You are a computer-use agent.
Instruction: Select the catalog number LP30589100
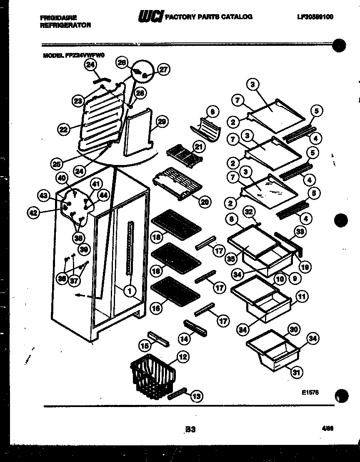pos(315,17)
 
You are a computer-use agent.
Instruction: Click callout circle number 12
pos(182,357)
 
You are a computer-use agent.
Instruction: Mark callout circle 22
pos(64,129)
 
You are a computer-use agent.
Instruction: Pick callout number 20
pos(204,202)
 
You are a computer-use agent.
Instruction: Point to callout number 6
pos(212,112)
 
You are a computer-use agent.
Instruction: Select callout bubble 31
pos(296,372)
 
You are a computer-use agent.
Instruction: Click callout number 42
pos(34,213)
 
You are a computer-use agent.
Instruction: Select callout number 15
pos(145,345)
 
